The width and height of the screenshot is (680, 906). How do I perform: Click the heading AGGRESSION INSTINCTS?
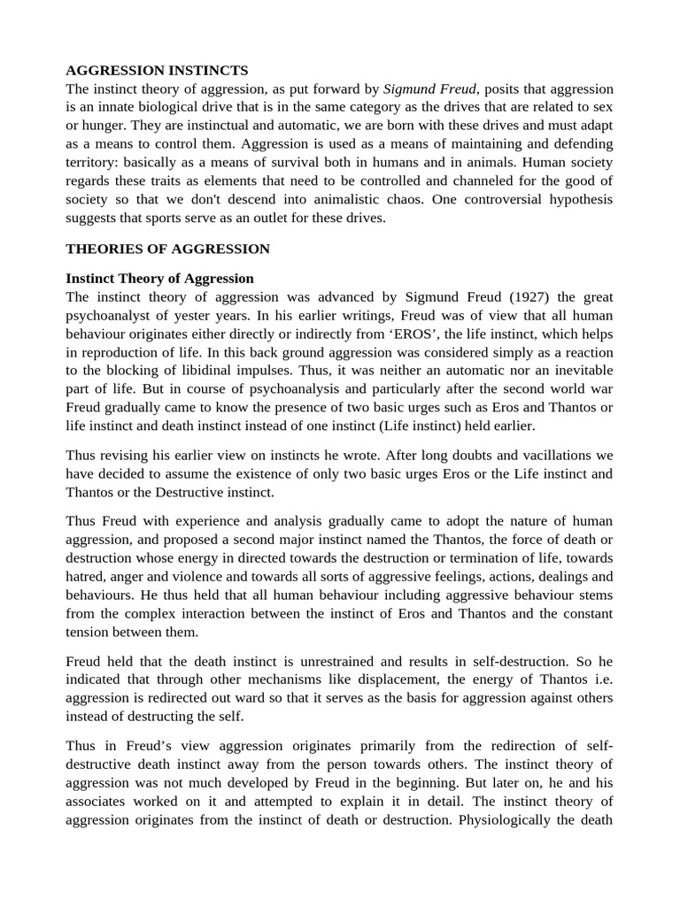[157, 70]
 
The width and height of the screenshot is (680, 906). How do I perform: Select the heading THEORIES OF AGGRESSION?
[167, 250]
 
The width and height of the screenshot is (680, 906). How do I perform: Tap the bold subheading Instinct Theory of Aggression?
[159, 278]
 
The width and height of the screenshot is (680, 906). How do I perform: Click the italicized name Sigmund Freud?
[429, 88]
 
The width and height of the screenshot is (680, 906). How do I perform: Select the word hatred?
[89, 576]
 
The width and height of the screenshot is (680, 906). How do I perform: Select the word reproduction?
[127, 351]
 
